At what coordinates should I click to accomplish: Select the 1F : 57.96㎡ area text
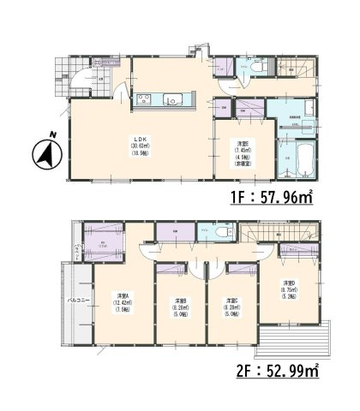[x=272, y=196]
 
